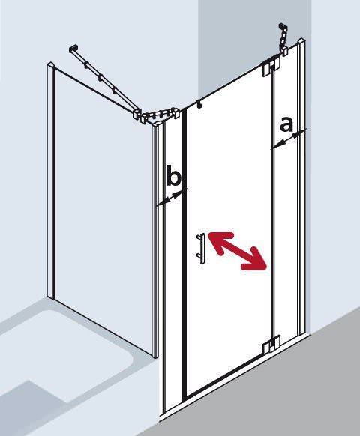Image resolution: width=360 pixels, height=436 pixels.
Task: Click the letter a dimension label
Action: [286, 124]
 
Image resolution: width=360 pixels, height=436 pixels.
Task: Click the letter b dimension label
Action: [173, 178]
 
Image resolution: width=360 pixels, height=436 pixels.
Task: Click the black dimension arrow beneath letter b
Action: [170, 198]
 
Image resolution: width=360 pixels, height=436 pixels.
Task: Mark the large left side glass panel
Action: [101, 210]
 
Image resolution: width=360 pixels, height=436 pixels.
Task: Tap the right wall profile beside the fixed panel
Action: [303, 225]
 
